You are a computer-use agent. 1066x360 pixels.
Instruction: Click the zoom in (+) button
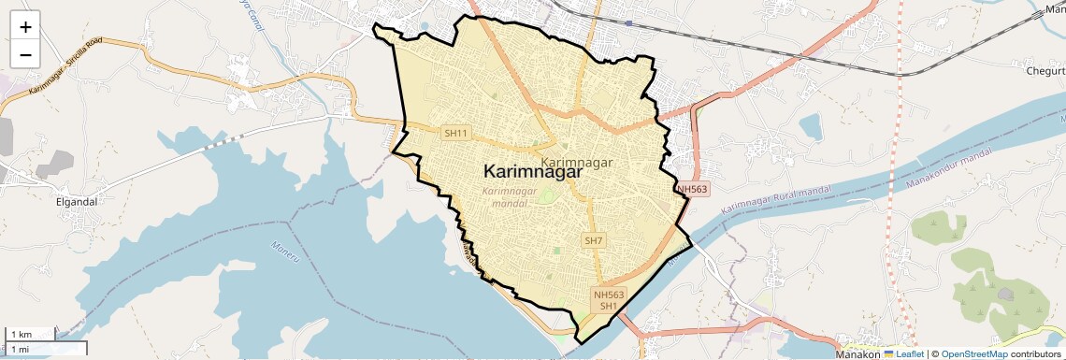[x=25, y=27]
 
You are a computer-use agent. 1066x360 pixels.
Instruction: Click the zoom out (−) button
[x=25, y=54]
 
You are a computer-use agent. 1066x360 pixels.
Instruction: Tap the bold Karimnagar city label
[x=533, y=172]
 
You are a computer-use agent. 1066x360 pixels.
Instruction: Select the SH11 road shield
[x=455, y=134]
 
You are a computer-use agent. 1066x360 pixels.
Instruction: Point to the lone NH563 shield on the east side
[x=693, y=189]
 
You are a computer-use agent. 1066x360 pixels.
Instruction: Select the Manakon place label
[x=857, y=354]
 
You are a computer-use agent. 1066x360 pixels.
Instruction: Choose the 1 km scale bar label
[x=22, y=334]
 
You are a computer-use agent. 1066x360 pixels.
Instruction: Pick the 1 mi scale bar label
[x=22, y=348]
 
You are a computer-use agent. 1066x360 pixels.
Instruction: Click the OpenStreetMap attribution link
[x=974, y=354]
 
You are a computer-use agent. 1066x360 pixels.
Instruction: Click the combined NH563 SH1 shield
[x=609, y=300]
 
